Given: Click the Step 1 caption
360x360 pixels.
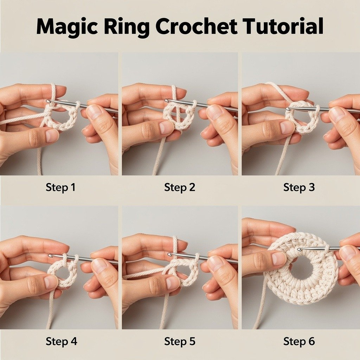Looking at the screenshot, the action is click(x=60, y=187).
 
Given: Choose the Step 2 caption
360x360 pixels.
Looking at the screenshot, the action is click(x=180, y=187).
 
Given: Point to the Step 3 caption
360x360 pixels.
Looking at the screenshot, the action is click(x=299, y=187).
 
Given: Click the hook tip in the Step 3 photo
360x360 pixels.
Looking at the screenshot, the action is click(x=288, y=110).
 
